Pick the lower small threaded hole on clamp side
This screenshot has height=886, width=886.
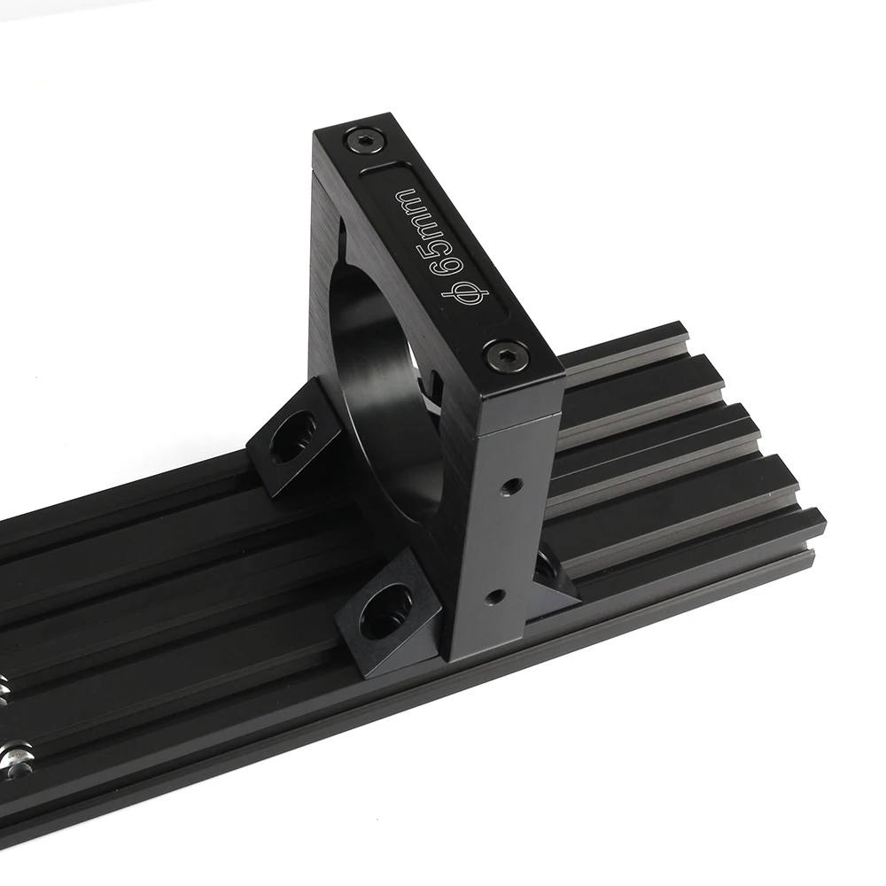(x=495, y=595)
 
